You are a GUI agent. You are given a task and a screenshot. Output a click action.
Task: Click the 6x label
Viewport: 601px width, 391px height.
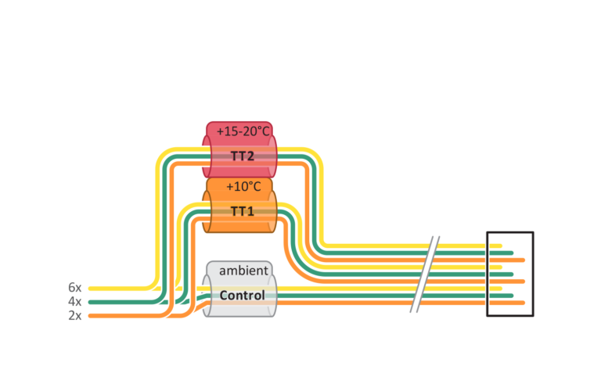click(75, 287)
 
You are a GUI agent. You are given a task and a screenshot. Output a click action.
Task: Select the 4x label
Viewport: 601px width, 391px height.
click(75, 301)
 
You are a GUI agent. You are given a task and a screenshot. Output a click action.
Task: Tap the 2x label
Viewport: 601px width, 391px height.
click(75, 316)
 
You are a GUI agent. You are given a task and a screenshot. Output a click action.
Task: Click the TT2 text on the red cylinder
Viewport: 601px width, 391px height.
click(243, 156)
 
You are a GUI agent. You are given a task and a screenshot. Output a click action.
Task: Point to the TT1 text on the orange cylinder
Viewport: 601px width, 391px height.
click(243, 211)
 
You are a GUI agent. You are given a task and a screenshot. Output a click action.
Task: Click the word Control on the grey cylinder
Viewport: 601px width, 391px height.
click(243, 296)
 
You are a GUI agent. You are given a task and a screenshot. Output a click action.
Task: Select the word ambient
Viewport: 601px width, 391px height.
click(244, 271)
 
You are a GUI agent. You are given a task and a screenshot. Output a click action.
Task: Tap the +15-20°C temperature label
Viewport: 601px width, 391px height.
click(243, 131)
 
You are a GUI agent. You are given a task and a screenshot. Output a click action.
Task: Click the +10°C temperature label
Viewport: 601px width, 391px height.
click(243, 186)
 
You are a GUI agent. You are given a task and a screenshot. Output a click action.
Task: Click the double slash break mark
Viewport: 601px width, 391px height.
click(425, 274)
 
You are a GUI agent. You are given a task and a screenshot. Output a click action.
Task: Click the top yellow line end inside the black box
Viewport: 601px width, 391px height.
click(500, 246)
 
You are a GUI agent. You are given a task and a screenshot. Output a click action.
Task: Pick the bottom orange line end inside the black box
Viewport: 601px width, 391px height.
click(523, 303)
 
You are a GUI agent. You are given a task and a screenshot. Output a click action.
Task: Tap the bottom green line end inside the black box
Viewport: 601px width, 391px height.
click(511, 296)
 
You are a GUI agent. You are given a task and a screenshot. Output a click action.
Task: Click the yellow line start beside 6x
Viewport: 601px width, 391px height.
click(90, 289)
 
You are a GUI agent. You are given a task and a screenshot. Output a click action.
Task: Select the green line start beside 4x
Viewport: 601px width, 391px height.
click(90, 302)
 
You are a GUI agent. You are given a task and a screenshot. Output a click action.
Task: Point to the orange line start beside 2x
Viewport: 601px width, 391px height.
click(90, 316)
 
